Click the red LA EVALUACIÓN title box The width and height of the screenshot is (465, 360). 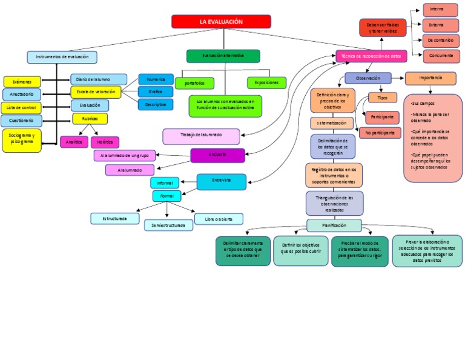click(221, 22)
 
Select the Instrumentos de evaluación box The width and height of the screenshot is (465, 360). click(62, 57)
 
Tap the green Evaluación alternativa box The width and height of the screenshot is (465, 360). click(223, 56)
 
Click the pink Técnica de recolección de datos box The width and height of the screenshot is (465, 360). click(371, 56)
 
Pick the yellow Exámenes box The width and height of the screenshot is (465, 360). click(22, 82)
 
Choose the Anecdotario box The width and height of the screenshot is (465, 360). click(22, 95)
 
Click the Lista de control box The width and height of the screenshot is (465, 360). click(22, 107)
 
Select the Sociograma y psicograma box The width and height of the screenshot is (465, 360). click(22, 140)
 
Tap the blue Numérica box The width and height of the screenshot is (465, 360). click(156, 79)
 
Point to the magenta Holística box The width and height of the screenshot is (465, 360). click(105, 142)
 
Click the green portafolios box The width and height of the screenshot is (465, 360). click(194, 82)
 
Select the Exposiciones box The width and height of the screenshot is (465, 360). click(266, 82)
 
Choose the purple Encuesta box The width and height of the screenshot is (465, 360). click(218, 155)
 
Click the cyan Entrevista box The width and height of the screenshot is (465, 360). click(221, 181)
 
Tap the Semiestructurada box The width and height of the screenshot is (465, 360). click(168, 225)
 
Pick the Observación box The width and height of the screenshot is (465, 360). click(368, 78)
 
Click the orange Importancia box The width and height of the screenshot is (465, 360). click(430, 78)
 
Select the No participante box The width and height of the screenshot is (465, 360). click(380, 132)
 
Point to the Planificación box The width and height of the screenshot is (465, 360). click(334, 225)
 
